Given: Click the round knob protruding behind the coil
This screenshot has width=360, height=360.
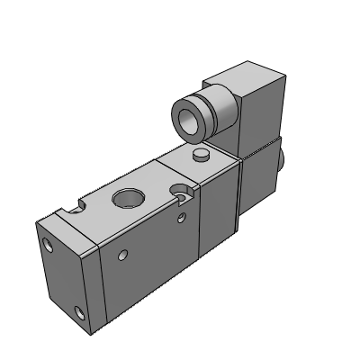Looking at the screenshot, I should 282,160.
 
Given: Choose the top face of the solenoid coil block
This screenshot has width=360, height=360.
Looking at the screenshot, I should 238,75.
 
